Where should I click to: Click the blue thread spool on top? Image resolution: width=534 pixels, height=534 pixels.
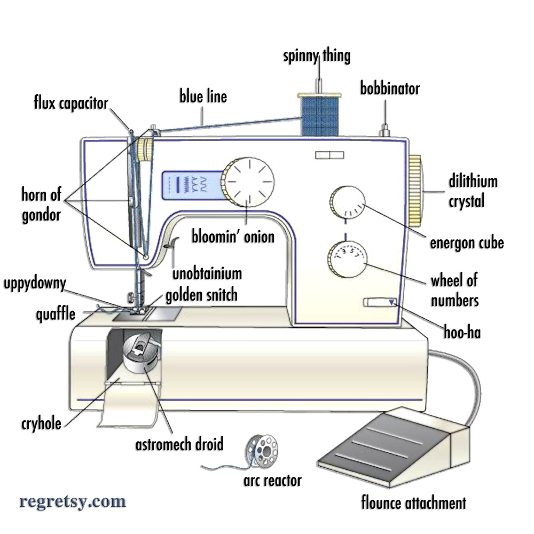click(319, 114)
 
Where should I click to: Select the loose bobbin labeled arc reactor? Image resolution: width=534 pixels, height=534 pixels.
click(261, 450)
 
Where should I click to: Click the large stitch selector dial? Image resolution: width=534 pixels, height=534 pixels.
click(249, 179)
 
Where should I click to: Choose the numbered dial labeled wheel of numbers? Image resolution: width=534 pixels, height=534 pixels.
click(348, 258)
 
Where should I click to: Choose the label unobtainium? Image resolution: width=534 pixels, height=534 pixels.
click(207, 274)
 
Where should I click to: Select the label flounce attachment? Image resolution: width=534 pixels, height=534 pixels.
click(413, 502)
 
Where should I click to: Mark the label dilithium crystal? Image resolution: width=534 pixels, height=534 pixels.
click(473, 191)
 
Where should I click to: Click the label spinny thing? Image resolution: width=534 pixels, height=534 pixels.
click(317, 56)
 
